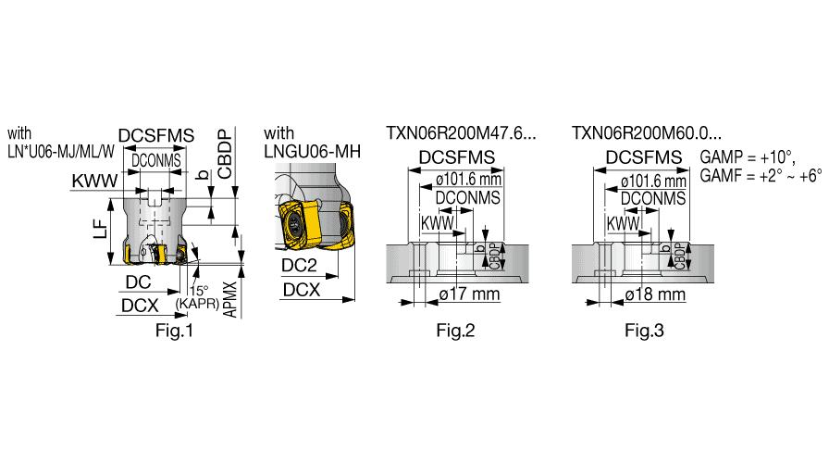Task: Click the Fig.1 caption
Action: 174,331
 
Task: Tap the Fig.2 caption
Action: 455,331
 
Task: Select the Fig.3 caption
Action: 644,331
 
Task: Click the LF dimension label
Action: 101,231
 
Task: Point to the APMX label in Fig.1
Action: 230,299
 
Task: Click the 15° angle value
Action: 199,291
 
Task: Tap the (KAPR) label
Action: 197,304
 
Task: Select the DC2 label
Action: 299,265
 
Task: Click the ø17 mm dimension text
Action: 469,294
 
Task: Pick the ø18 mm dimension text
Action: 655,294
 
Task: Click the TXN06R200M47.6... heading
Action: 461,132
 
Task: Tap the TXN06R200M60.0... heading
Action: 646,132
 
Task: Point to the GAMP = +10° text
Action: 748,157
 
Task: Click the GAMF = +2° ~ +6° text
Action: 761,176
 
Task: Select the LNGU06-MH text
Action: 312,152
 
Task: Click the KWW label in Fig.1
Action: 94,181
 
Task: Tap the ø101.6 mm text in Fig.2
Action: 468,180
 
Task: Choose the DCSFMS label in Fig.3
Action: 644,157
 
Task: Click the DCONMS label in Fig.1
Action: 156,161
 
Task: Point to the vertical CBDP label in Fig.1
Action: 225,154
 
